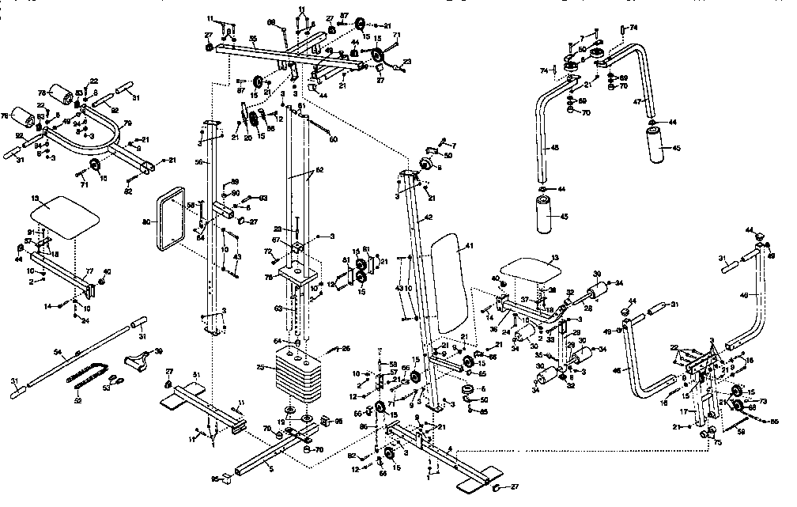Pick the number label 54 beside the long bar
tap(57, 351)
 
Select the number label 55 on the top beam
tap(253, 39)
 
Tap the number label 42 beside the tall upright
tap(428, 217)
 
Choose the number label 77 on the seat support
tap(89, 271)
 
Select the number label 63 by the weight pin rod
tap(278, 309)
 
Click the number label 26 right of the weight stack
tap(345, 349)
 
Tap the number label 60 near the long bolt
tap(333, 139)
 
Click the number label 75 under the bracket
tap(718, 443)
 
